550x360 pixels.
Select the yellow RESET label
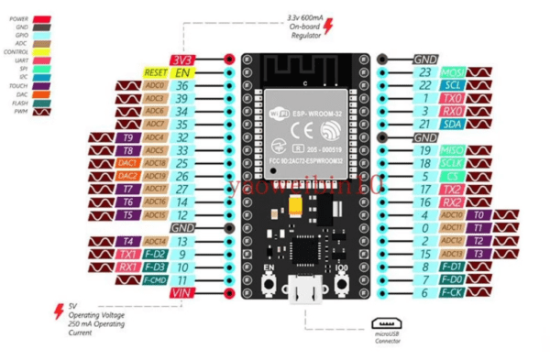157,71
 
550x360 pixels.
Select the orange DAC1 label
128,163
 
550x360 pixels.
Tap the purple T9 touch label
128,137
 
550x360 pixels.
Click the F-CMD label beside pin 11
155,279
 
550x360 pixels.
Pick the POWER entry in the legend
18,17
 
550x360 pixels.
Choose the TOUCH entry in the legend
18,84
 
